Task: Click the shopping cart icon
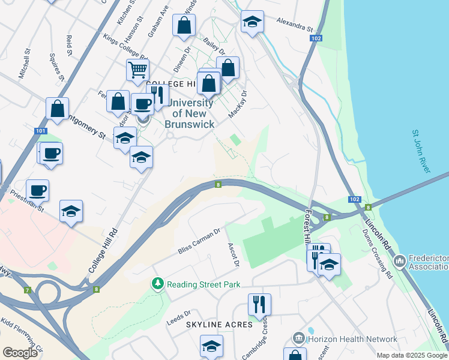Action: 138,70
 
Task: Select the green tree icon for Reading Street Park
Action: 157,283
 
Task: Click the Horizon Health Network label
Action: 352,339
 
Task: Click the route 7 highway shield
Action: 27,290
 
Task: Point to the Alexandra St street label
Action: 295,24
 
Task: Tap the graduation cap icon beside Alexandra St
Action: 252,22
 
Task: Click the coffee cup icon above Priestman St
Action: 37,190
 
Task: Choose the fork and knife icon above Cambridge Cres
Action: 259,304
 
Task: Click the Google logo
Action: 20,352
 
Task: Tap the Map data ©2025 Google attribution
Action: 412,355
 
